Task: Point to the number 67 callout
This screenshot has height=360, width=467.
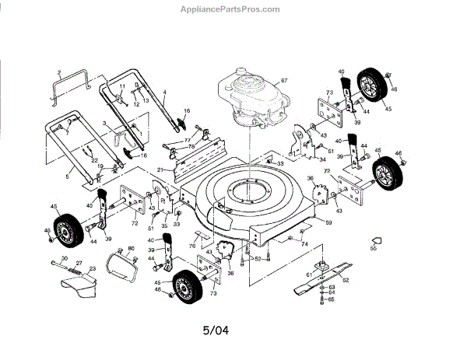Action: (x=284, y=81)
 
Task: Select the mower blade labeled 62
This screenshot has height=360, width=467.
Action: (x=327, y=284)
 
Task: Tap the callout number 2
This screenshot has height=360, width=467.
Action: (x=58, y=72)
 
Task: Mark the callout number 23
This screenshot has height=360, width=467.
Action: (x=93, y=269)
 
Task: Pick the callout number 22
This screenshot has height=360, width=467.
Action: (x=95, y=159)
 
